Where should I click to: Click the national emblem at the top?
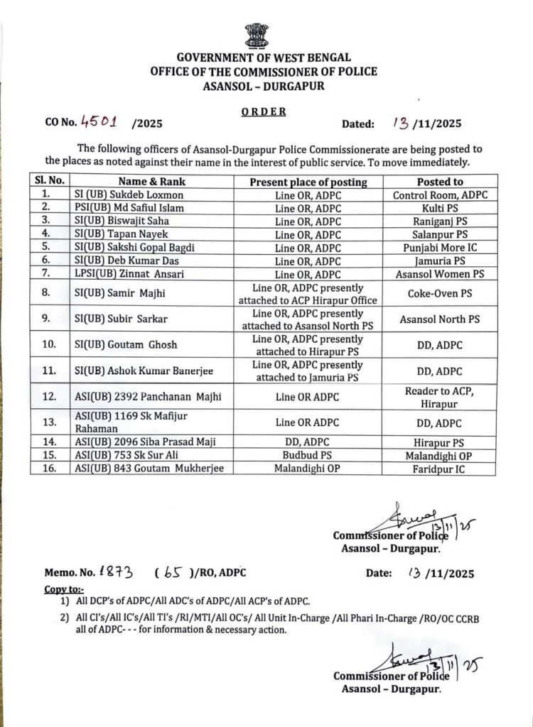coord(257,35)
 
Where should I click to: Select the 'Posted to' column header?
coord(440,182)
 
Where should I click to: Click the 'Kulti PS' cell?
coord(440,207)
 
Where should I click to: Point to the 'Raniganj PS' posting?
coord(440,221)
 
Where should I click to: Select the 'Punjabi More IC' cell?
coord(440,247)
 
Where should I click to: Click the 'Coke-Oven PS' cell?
coord(440,293)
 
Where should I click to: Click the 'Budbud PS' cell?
coord(308,454)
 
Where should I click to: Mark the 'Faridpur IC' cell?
coord(440,469)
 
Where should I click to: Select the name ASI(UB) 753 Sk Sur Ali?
coord(122,454)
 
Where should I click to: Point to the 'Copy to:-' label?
coord(64,589)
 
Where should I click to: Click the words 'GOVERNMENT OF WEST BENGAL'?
coord(264,58)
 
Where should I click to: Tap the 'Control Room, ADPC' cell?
coord(440,195)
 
